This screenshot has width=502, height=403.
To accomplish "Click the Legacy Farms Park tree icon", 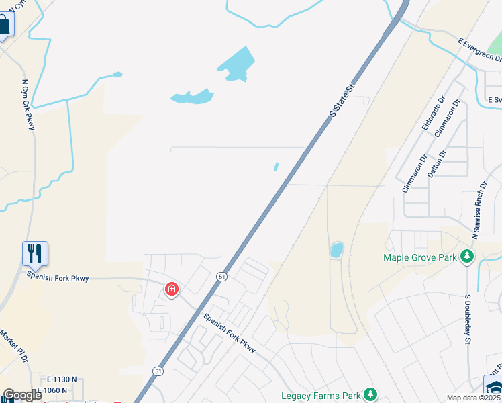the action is tap(369, 394).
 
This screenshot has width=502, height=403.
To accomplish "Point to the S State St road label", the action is tap(342, 101).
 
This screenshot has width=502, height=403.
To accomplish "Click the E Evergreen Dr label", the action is tap(479, 50).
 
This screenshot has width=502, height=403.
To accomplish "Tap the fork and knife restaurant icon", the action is tap(35, 253).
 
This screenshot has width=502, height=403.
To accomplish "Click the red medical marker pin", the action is tap(172, 289).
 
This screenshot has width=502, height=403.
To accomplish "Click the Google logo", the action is tap(22, 395).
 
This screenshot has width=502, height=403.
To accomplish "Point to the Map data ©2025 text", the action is tap(474, 398).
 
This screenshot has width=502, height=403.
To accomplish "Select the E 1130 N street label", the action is tap(56, 379).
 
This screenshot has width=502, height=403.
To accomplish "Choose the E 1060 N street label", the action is tap(52, 390).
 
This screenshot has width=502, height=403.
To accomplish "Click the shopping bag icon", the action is tap(4, 25).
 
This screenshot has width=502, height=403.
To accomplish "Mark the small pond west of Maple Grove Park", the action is tap(336, 251).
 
